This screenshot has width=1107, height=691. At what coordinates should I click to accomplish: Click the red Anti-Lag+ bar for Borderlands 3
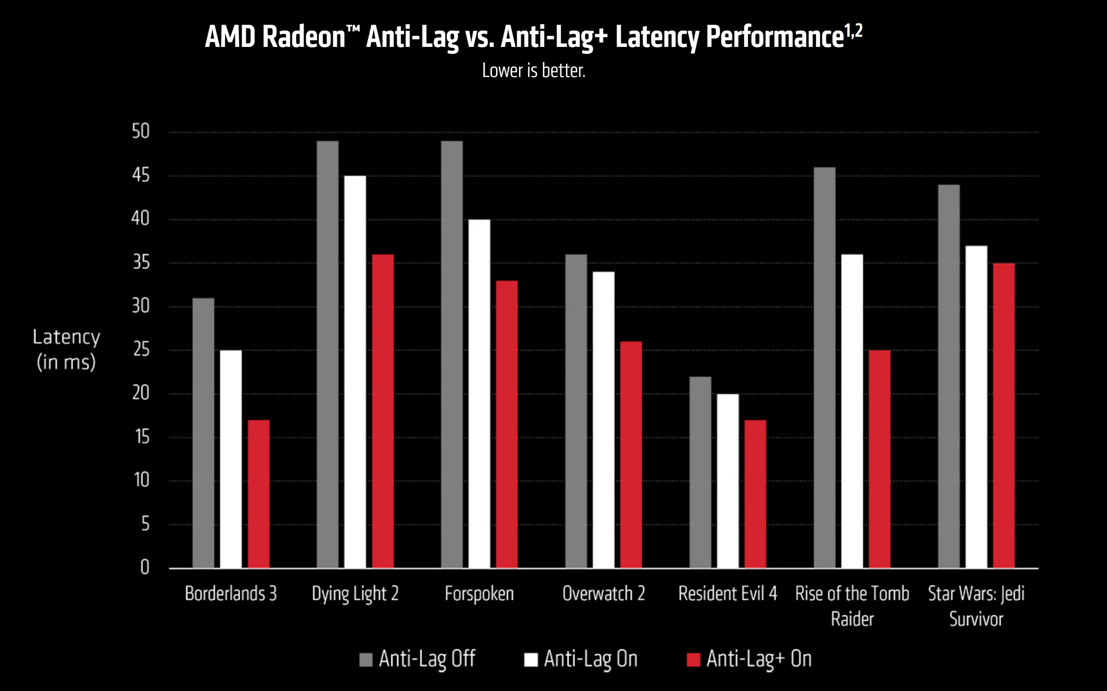click(258, 494)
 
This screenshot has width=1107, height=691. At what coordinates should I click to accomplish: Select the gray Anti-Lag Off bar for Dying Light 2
click(327, 354)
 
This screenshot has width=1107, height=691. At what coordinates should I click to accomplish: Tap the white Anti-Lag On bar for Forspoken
click(479, 393)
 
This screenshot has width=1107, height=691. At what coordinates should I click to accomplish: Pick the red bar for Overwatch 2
click(631, 455)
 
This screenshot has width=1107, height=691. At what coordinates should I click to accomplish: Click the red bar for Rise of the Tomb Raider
click(879, 459)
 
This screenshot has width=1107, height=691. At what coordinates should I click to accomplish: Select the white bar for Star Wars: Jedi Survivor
click(976, 407)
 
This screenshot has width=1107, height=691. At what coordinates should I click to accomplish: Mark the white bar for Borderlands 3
click(230, 459)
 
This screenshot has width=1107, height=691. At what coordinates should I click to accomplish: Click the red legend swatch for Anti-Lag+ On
click(694, 660)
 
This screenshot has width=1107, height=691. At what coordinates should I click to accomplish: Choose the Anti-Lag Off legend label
click(427, 659)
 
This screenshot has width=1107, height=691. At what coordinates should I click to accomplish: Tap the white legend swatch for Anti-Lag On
click(530, 660)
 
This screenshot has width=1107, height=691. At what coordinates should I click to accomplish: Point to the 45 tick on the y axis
click(141, 175)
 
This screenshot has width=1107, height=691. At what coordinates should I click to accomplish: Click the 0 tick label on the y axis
click(144, 567)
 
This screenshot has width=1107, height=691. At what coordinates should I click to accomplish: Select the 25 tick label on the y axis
click(141, 350)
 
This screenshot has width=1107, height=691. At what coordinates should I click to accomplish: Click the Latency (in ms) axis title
click(66, 349)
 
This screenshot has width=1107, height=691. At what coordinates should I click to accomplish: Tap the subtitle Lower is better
click(534, 71)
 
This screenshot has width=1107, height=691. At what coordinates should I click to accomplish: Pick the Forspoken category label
click(479, 594)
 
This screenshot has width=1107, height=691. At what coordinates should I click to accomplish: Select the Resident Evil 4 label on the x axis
click(727, 594)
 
